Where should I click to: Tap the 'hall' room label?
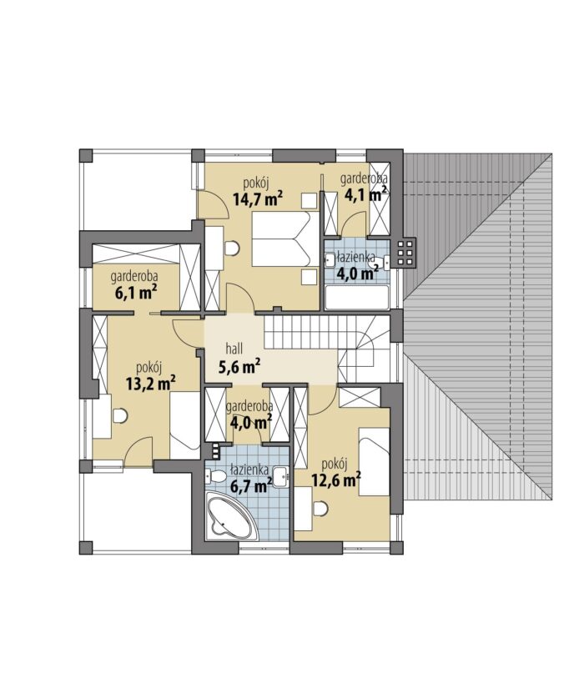point(234,349)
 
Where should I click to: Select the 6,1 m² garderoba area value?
point(137,293)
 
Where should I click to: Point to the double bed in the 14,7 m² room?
point(285,239)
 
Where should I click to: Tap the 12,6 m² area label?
point(336,480)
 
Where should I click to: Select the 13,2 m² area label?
point(151,384)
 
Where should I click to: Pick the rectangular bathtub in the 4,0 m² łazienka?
point(357,297)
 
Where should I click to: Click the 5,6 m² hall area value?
point(239,366)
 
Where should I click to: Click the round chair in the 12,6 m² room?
point(321,508)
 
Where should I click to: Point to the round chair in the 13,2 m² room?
point(120,416)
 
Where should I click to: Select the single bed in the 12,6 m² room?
point(374,462)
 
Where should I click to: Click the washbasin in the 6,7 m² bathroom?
point(280,477)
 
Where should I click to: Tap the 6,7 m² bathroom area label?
point(251,486)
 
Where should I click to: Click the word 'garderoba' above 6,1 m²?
point(134,277)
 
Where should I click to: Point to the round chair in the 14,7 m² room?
point(231,249)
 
